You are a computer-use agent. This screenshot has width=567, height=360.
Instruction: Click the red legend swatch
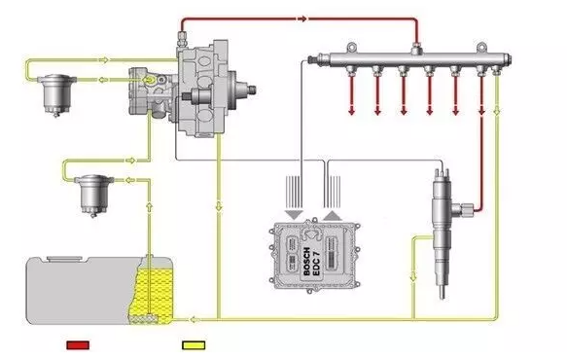click(78, 345)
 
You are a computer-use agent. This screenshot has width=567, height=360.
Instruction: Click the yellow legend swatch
click(194, 345)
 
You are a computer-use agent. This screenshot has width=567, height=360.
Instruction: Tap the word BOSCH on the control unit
click(306, 261)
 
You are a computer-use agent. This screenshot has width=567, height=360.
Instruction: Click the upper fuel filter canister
click(56, 94)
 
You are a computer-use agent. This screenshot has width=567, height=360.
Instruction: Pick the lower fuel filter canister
click(94, 196)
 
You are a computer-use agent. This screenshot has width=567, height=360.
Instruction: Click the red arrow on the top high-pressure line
click(302, 18)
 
